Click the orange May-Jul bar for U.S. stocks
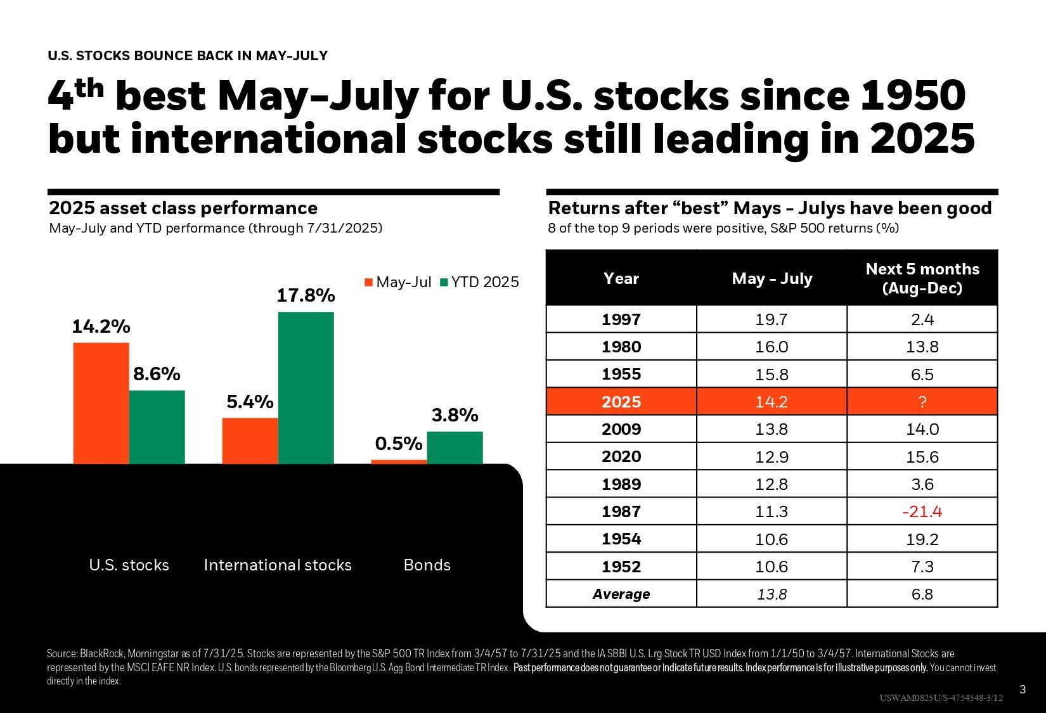pyautogui.click(x=101, y=403)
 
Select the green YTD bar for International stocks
pyautogui.click(x=306, y=388)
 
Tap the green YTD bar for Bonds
pyautogui.click(x=455, y=447)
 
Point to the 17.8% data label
pyautogui.click(x=306, y=295)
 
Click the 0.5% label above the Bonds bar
pyautogui.click(x=399, y=444)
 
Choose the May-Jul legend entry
pyautogui.click(x=397, y=282)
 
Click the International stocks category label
pyautogui.click(x=278, y=565)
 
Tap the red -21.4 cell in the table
pyautogui.click(x=922, y=511)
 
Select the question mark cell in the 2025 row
pyautogui.click(x=922, y=402)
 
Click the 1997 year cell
pyautogui.click(x=621, y=319)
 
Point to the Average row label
pyautogui.click(x=621, y=594)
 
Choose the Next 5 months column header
pyautogui.click(x=922, y=278)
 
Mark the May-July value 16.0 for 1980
pyautogui.click(x=772, y=347)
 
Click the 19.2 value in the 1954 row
pyautogui.click(x=922, y=539)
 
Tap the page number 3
pyautogui.click(x=1022, y=690)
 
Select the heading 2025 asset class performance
pyautogui.click(x=183, y=208)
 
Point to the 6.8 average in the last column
pyautogui.click(x=922, y=594)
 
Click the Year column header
pyautogui.click(x=621, y=278)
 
